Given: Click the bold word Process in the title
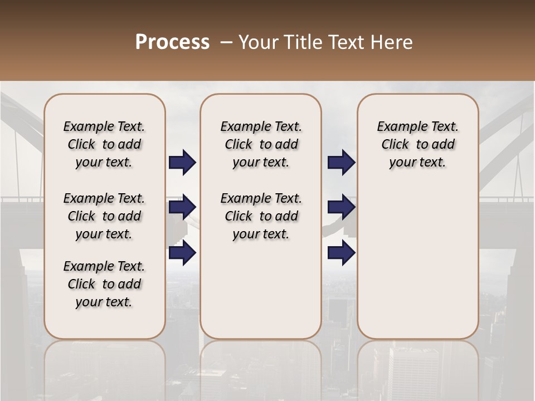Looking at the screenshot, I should [172, 42].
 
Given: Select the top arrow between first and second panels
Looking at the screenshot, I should [182, 163].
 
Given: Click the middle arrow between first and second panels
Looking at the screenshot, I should [182, 207].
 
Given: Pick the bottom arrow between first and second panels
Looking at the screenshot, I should [182, 253].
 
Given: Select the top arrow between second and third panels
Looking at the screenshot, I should [341, 163].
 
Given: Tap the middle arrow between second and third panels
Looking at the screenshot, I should [341, 207].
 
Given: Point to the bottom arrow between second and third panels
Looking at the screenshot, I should [341, 253].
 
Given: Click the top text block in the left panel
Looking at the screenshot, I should [104, 144].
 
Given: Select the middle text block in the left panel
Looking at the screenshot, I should [104, 216].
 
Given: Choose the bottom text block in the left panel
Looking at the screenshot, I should [104, 284].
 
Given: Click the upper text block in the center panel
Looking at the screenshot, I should [261, 144].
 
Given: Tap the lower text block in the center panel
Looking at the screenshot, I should [261, 216].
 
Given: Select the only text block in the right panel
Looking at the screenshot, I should [417, 144].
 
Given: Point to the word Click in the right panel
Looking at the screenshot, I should [395, 144].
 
